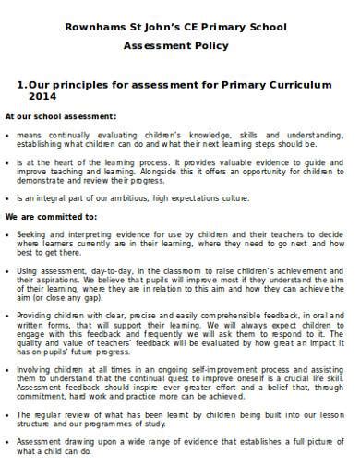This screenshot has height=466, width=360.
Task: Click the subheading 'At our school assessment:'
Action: pos(61,116)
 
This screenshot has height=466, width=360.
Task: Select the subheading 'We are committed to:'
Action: pos(51,217)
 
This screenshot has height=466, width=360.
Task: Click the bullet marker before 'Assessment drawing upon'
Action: pos(8,441)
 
